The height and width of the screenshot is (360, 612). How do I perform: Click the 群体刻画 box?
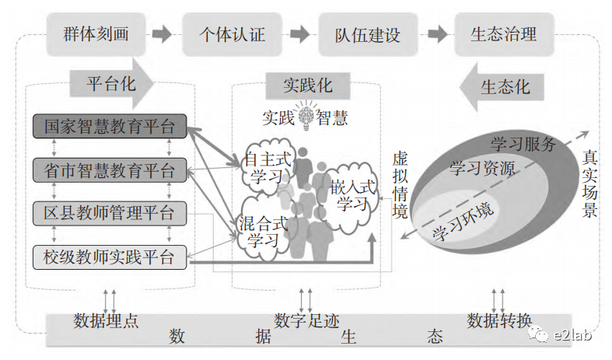coord(96,34)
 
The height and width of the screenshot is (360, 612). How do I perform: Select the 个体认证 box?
coord(233,34)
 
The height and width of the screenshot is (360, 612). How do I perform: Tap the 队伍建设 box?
coord(368,34)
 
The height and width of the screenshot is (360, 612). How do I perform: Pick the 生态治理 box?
coord(503,34)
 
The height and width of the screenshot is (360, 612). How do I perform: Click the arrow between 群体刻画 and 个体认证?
coord(162,35)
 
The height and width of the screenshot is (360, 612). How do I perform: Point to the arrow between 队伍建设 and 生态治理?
coord(437,35)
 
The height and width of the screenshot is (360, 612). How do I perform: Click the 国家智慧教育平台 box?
coord(110,127)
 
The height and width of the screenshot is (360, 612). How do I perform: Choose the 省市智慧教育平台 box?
coord(110,170)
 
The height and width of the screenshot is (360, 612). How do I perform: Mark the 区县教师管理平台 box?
coord(110,212)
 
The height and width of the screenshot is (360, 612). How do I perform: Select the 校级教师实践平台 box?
coord(110,255)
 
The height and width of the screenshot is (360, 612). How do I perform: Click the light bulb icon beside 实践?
coord(306,117)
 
